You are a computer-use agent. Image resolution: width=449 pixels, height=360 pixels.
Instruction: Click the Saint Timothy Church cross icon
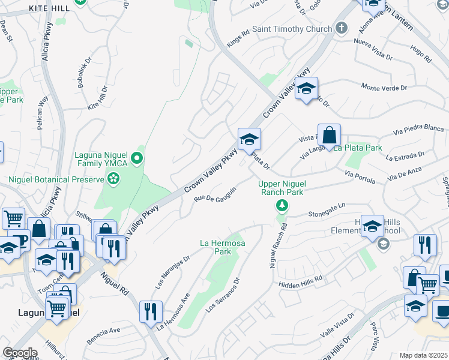pyautogui.click(x=342, y=28)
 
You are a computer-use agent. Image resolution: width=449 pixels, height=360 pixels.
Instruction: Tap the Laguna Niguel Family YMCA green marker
pyautogui.click(x=137, y=159)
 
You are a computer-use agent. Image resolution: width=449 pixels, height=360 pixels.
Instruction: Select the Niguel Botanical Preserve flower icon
pyautogui.click(x=113, y=178)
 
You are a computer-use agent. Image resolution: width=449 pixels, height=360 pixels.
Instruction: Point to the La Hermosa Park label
pyautogui.click(x=215, y=247)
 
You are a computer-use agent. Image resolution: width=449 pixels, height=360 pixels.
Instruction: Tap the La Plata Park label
pyautogui.click(x=358, y=148)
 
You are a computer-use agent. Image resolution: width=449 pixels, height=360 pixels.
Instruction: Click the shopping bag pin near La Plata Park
pyautogui.click(x=330, y=135)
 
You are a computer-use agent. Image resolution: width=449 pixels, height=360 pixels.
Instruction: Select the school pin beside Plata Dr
pyautogui.click(x=249, y=140)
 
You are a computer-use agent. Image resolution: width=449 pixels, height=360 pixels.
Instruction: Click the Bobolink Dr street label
pyautogui.click(x=83, y=74)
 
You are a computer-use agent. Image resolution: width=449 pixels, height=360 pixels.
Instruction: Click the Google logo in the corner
pyautogui.click(x=20, y=353)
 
